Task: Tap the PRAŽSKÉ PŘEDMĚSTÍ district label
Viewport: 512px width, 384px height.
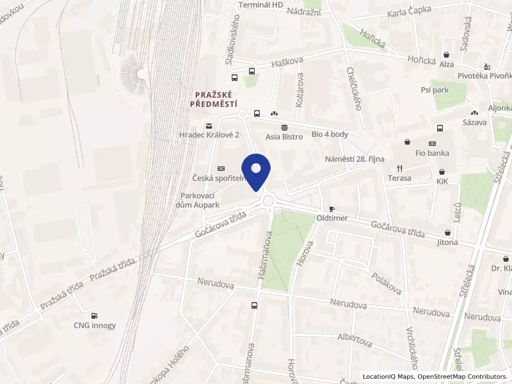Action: pos(216,99)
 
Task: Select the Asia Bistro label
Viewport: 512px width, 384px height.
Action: pos(284,136)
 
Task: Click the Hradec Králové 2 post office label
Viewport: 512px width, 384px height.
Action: pos(209,136)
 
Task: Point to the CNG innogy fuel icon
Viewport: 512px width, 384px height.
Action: pos(95,315)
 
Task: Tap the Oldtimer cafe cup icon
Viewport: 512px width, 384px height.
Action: pos(332,209)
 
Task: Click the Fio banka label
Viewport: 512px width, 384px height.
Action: pos(432,153)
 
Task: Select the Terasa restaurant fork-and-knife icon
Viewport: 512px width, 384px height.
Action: pos(399,168)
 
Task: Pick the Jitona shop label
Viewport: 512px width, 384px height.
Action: pos(447,243)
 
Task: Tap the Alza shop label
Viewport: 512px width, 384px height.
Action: pos(446,65)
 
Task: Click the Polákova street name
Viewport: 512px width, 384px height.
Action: pos(387,281)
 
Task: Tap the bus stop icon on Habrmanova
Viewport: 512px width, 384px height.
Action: pos(255,305)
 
